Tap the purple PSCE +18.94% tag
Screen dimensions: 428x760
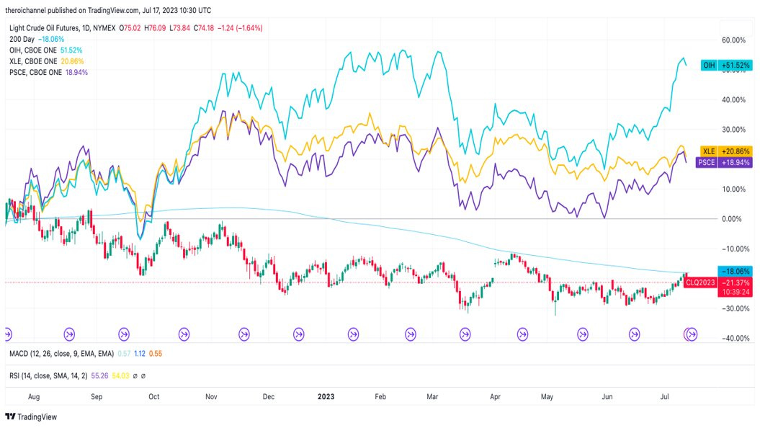(x=724, y=163)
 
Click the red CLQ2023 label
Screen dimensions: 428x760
(x=699, y=282)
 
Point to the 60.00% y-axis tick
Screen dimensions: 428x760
(x=733, y=40)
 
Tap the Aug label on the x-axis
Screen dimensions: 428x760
(x=32, y=396)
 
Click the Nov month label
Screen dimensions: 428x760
(x=211, y=396)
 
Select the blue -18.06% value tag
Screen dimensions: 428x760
(x=735, y=272)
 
